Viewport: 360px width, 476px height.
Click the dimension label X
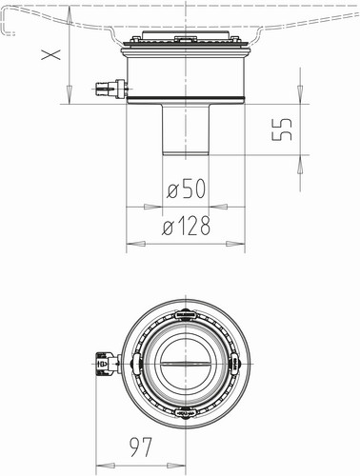(x=51, y=55)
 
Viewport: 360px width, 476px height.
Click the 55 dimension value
(x=282, y=129)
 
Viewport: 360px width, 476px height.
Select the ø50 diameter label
(x=187, y=188)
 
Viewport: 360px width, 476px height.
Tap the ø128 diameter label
(x=186, y=225)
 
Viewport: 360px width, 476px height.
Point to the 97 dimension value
(x=142, y=447)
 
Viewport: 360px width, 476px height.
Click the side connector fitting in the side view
(x=111, y=89)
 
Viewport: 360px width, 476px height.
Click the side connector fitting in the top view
(x=108, y=364)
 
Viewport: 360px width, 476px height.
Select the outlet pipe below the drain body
(x=186, y=129)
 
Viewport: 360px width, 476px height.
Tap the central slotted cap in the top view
(x=186, y=363)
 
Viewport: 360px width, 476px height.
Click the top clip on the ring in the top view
(x=185, y=314)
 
